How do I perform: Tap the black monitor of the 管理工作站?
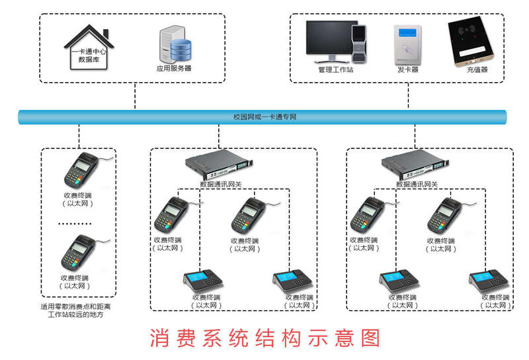[x=328, y=40]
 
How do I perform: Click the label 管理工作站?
[x=335, y=69]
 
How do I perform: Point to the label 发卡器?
[x=407, y=69]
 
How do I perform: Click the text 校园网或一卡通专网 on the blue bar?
[x=264, y=116]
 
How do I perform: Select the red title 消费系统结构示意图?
[x=264, y=338]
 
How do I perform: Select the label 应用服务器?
[x=173, y=67]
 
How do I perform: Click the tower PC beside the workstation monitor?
[x=358, y=42]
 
